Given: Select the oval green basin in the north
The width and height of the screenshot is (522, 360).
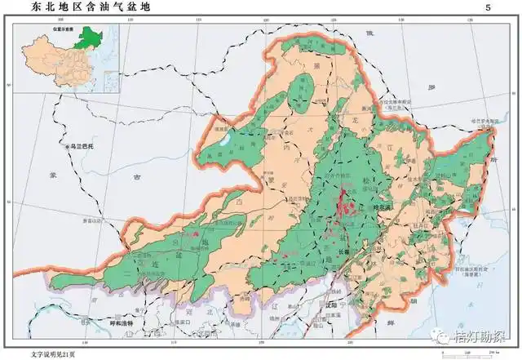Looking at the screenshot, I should [303, 92].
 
